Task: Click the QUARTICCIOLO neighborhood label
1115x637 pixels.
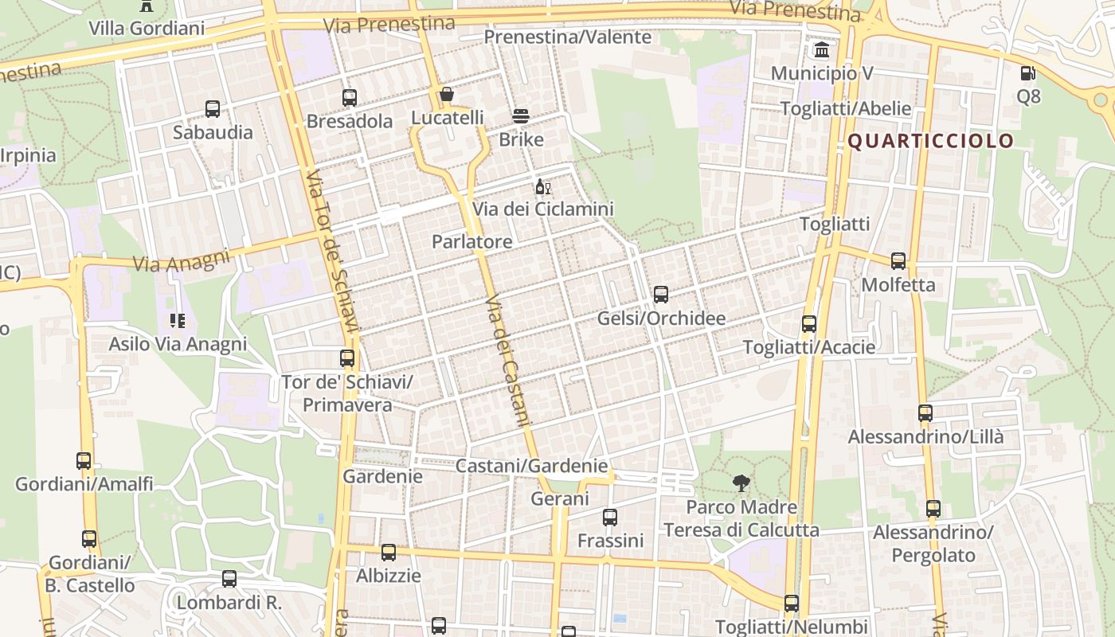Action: tap(930, 142)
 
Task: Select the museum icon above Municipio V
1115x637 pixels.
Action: tap(822, 51)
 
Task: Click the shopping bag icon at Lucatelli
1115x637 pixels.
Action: tap(447, 96)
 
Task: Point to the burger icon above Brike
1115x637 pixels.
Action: tap(521, 116)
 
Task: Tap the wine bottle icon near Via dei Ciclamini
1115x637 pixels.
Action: tap(543, 187)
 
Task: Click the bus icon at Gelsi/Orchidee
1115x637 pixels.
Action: tap(661, 295)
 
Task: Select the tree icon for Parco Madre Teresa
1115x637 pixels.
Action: tap(741, 483)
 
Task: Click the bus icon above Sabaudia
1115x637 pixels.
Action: tap(213, 109)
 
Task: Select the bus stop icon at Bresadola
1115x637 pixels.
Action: tap(350, 98)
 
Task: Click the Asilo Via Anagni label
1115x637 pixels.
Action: tap(178, 345)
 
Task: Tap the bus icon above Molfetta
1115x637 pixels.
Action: tap(898, 261)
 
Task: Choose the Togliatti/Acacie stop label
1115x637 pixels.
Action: tap(808, 348)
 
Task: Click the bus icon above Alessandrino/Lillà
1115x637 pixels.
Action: tap(925, 413)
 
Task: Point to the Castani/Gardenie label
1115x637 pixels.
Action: tap(531, 466)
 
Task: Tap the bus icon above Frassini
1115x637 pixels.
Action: tap(610, 518)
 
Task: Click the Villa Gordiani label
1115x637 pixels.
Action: tap(147, 29)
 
